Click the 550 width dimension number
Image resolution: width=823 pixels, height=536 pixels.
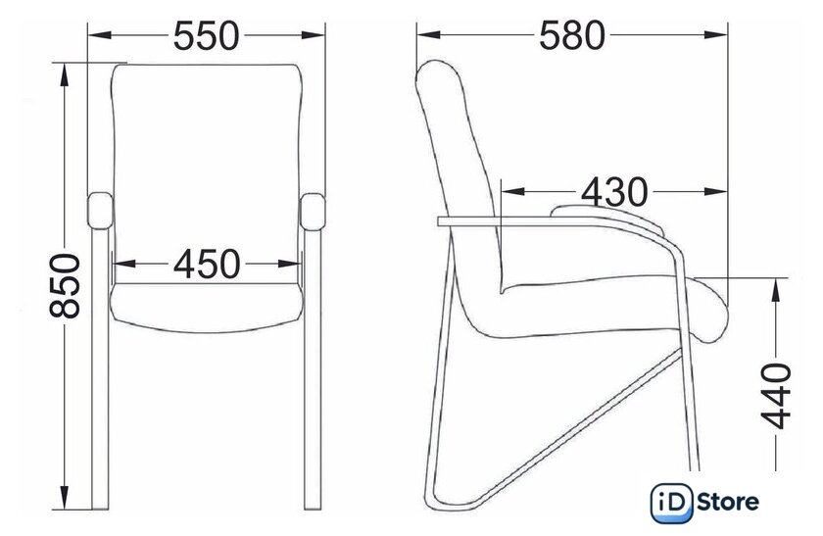pyautogui.click(x=207, y=35)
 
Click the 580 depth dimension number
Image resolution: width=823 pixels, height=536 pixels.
pyautogui.click(x=572, y=35)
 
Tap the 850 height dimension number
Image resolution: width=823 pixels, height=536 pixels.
pyautogui.click(x=65, y=286)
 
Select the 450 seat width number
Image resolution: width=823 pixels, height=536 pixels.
pyautogui.click(x=207, y=264)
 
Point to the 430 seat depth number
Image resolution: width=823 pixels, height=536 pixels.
pyautogui.click(x=614, y=192)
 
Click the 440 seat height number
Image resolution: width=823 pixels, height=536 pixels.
pyautogui.click(x=776, y=396)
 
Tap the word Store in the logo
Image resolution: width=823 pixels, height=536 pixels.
pyautogui.click(x=727, y=503)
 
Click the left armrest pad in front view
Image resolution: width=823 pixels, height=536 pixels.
pyautogui.click(x=100, y=211)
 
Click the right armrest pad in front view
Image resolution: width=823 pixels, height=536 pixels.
pyautogui.click(x=313, y=212)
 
